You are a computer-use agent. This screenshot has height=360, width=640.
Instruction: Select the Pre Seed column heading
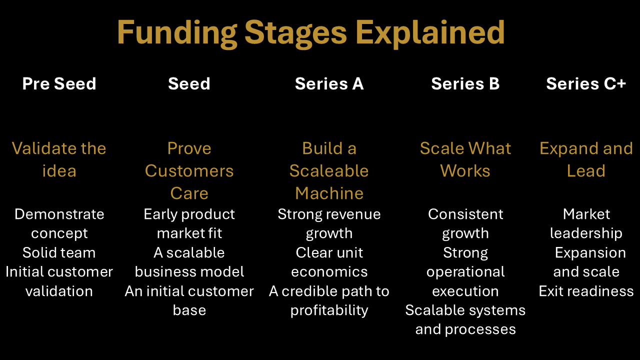click(59, 83)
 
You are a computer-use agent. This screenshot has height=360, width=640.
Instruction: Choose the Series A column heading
click(329, 83)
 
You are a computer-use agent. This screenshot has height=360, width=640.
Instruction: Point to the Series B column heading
click(465, 83)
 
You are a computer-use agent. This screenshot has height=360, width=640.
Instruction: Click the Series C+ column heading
click(586, 83)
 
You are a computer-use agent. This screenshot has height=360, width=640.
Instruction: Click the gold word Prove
click(189, 148)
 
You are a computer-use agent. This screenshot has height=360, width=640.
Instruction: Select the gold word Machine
click(329, 193)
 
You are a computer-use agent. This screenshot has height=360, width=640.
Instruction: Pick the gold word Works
click(465, 171)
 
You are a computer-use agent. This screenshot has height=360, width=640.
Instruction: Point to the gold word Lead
click(586, 171)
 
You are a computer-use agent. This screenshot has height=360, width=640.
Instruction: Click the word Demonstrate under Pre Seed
click(59, 214)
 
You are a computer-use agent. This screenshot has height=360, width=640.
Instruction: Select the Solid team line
click(59, 252)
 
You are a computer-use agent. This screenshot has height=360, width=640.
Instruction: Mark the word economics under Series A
click(329, 271)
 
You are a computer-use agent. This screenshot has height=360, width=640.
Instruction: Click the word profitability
click(329, 310)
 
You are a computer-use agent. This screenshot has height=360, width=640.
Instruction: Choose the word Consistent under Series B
click(465, 214)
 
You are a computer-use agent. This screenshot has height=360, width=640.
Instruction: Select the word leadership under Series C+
click(586, 233)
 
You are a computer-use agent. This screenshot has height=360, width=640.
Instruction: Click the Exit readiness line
click(586, 291)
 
